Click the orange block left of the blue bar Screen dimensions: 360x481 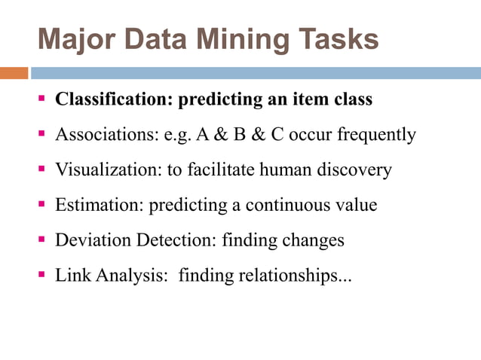pyautogui.click(x=14, y=73)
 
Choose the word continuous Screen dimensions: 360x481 pyautogui.click(x=284, y=205)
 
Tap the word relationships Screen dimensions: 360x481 pyautogui.click(x=293, y=276)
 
